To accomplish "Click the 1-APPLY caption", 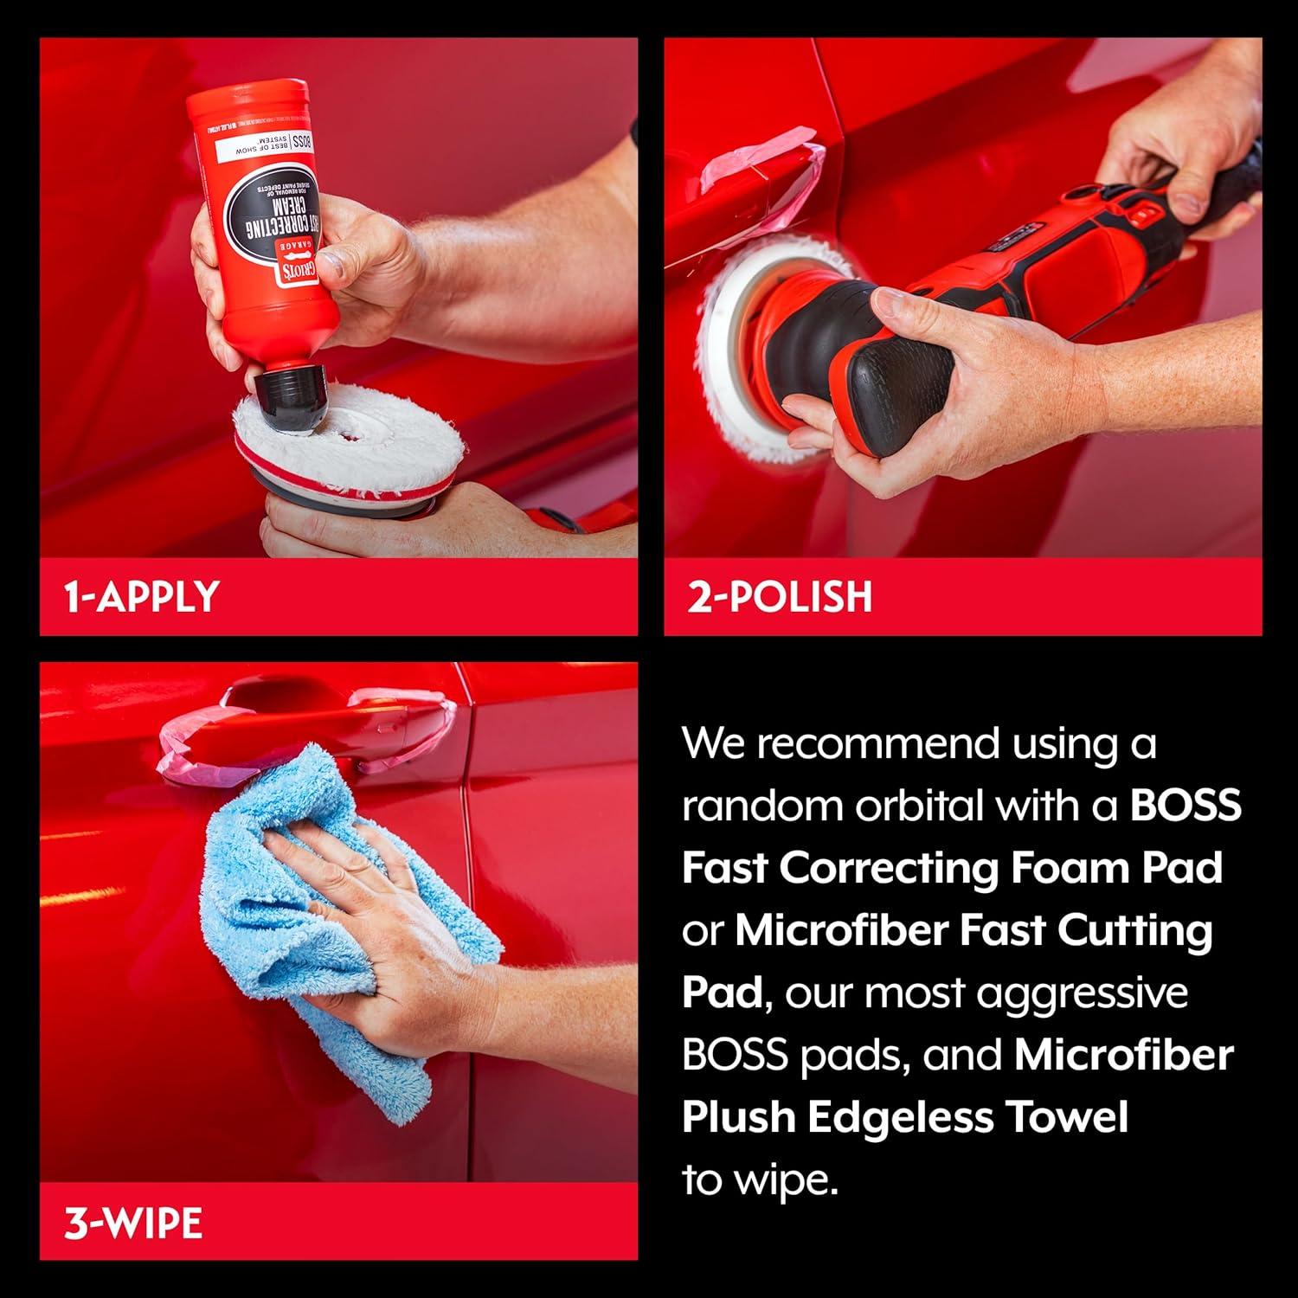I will pyautogui.click(x=141, y=597).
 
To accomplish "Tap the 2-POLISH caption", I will pyautogui.click(x=780, y=597).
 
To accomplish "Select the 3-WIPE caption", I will pyautogui.click(x=133, y=1223).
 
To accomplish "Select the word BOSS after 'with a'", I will pyautogui.click(x=1186, y=806).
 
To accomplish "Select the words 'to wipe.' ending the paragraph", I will pyautogui.click(x=760, y=1179).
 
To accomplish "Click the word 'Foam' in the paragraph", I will pyautogui.click(x=1066, y=868).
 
